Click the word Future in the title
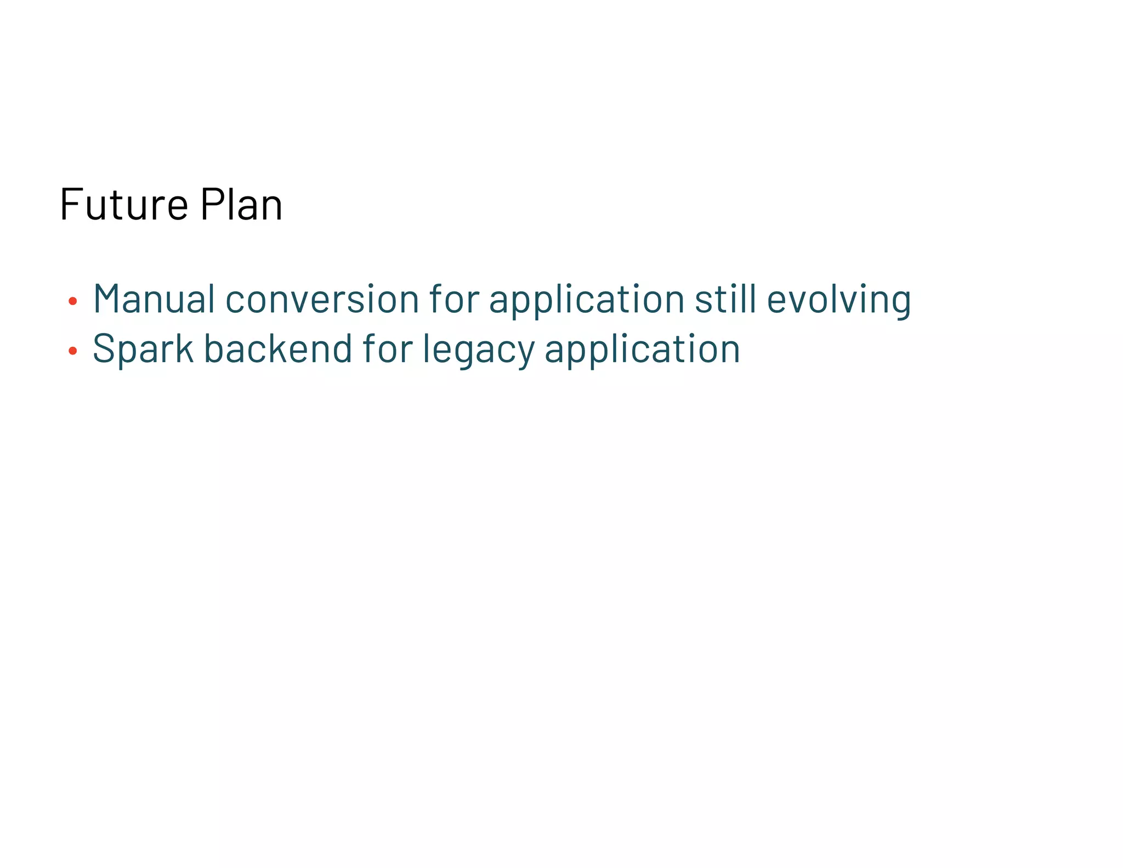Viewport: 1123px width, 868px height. [x=124, y=204]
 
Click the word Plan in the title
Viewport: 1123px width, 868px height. [x=241, y=204]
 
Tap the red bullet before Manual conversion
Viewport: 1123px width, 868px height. [x=72, y=301]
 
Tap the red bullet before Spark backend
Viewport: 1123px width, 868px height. [x=72, y=351]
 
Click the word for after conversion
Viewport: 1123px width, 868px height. [x=454, y=299]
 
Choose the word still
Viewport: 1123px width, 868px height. [x=725, y=299]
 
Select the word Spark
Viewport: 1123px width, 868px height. [x=143, y=349]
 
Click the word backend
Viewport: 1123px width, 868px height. [x=278, y=349]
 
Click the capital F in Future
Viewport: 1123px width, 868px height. [x=70, y=204]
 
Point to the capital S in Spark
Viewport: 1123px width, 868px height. [x=104, y=349]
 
